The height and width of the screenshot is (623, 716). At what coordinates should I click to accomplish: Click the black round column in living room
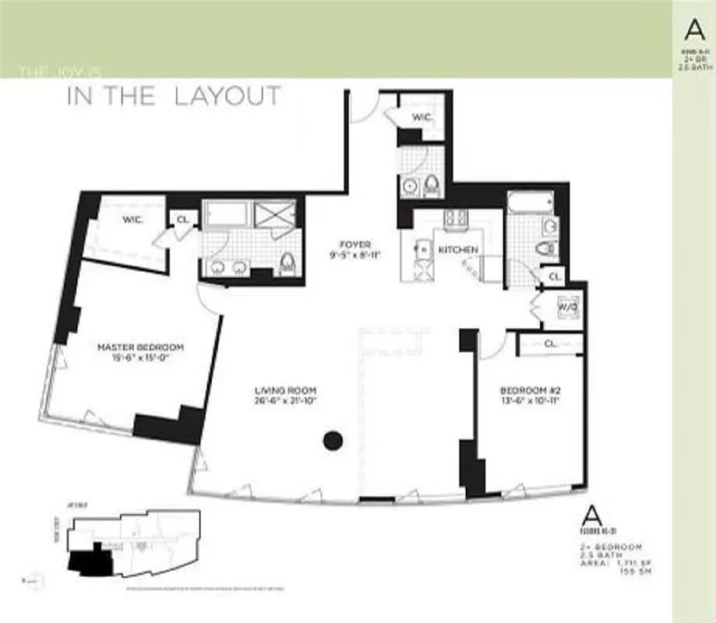tap(333, 441)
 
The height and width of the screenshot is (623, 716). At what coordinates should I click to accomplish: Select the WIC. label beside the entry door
tap(422, 117)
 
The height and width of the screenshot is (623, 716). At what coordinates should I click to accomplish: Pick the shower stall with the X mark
tap(275, 213)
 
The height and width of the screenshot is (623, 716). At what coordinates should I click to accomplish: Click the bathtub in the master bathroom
tap(225, 213)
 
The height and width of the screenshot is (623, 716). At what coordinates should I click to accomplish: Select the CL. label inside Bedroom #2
tap(549, 343)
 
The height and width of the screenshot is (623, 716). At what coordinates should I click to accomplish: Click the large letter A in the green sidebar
tap(693, 29)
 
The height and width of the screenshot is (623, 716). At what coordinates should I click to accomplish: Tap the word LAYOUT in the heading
tap(227, 96)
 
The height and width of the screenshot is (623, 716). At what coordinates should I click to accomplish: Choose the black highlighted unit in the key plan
tap(84, 559)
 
